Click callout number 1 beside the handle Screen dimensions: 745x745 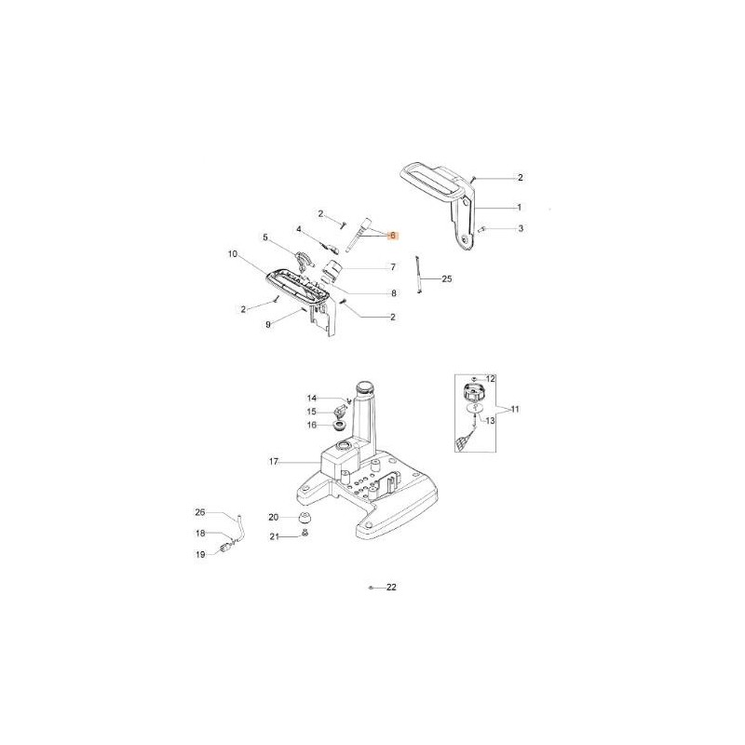[x=520, y=207]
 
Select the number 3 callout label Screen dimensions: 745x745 [x=520, y=228]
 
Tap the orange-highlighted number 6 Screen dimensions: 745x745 [x=393, y=237]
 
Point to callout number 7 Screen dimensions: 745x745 [x=393, y=267]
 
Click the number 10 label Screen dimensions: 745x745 [x=233, y=253]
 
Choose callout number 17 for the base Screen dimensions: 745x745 [x=274, y=461]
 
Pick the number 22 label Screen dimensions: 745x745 [x=391, y=588]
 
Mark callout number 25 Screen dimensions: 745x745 [x=447, y=278]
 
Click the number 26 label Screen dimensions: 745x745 [x=199, y=511]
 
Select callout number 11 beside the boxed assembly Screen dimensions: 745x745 [x=515, y=409]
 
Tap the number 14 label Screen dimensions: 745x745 [x=312, y=399]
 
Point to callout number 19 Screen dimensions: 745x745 [x=199, y=554]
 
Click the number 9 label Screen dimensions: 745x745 [x=267, y=324]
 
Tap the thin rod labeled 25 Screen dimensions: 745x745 [x=420, y=277]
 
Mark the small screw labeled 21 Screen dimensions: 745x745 [x=305, y=535]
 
